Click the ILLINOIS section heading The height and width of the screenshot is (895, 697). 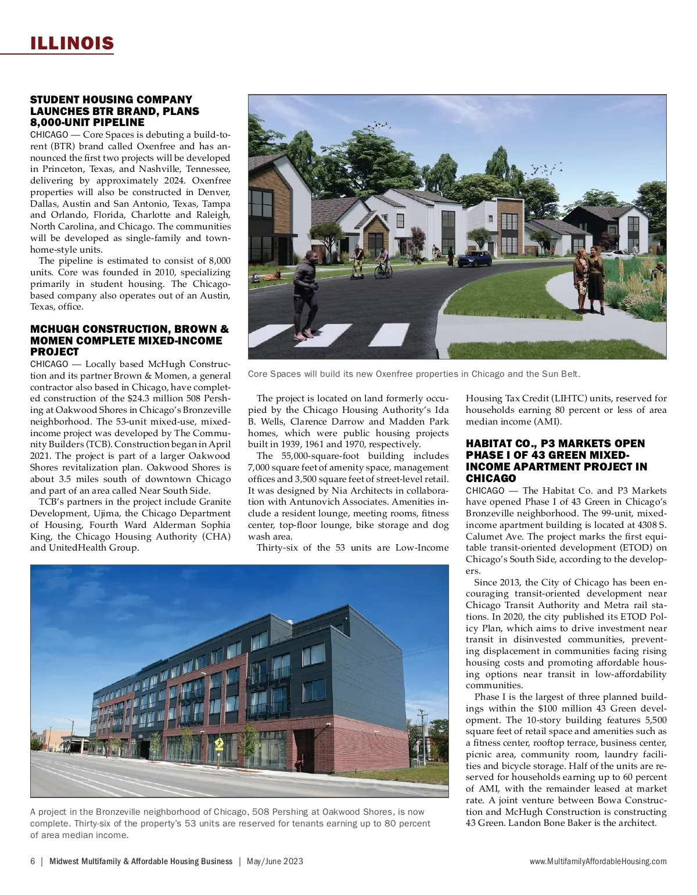(72, 43)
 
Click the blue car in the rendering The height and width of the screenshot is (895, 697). (475, 259)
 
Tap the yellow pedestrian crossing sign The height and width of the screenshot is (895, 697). (219, 743)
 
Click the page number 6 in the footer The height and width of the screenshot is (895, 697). (33, 861)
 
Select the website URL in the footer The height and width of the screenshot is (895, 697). (598, 861)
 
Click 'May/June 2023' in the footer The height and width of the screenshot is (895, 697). (275, 861)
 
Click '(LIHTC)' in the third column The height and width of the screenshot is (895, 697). (565, 398)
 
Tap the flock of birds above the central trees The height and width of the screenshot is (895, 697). (380, 124)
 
